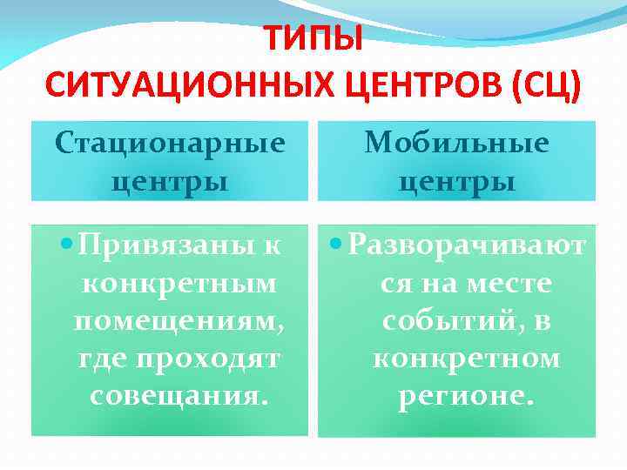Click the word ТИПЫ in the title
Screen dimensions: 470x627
(x=313, y=39)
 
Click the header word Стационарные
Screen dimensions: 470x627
(x=170, y=143)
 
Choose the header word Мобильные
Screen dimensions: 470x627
(x=456, y=143)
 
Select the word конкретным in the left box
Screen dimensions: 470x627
(x=178, y=284)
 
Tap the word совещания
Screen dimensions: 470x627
(x=178, y=396)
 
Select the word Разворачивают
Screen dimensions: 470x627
(x=467, y=245)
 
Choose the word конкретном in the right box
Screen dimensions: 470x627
(x=467, y=359)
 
